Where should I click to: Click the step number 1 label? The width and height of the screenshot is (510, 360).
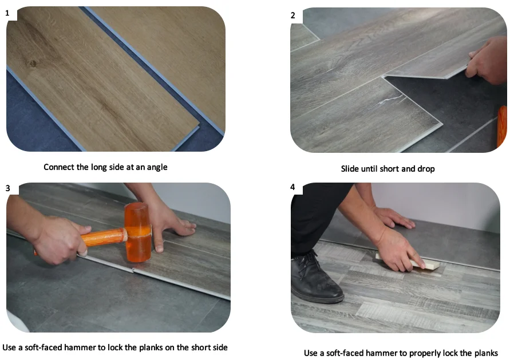tap(7, 13)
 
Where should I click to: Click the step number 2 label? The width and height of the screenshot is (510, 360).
tap(292, 15)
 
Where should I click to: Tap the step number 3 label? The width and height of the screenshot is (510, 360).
tap(8, 188)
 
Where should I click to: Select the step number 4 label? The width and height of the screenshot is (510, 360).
tap(292, 187)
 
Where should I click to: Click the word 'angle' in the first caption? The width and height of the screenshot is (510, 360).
tap(157, 168)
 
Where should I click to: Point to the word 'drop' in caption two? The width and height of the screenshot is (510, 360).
tap(426, 169)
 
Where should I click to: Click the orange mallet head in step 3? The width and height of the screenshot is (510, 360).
tap(139, 232)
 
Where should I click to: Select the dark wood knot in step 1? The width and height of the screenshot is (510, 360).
tap(33, 64)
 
